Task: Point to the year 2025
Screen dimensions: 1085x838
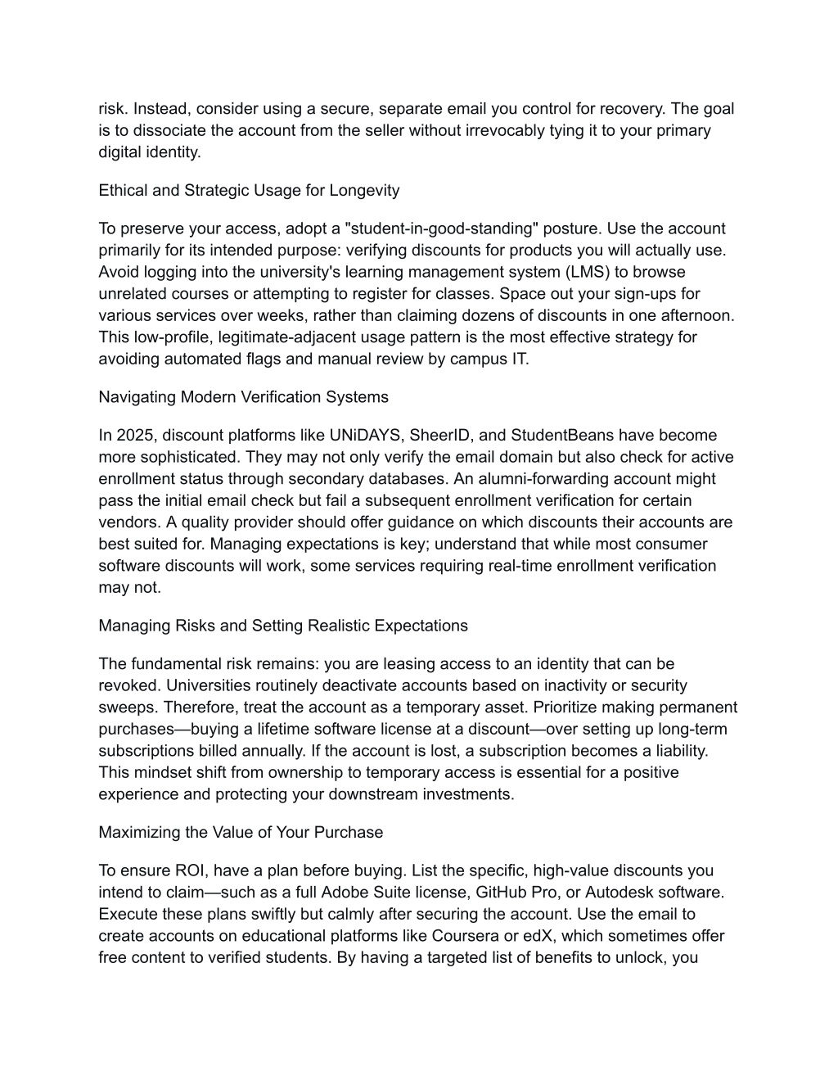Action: coord(133,435)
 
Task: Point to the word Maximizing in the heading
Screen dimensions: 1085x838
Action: coord(137,832)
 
